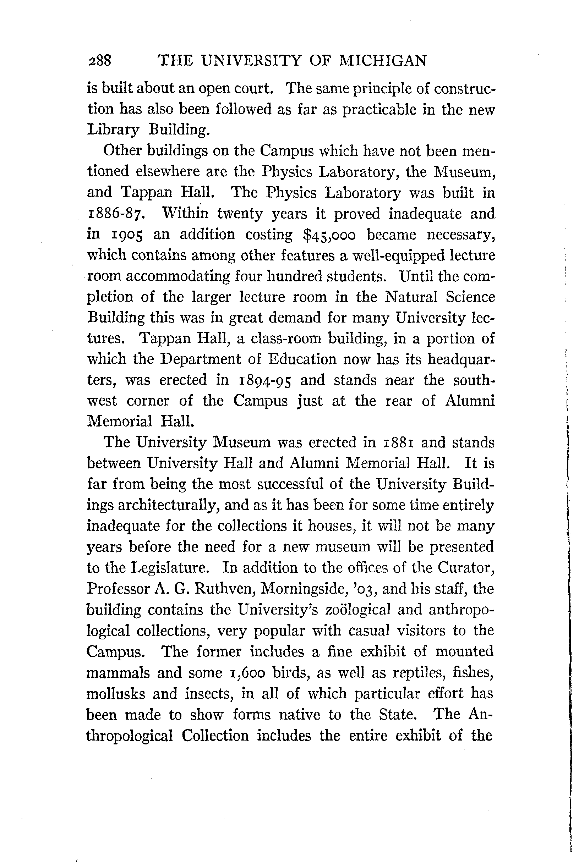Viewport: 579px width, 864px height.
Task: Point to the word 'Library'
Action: click(113, 130)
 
